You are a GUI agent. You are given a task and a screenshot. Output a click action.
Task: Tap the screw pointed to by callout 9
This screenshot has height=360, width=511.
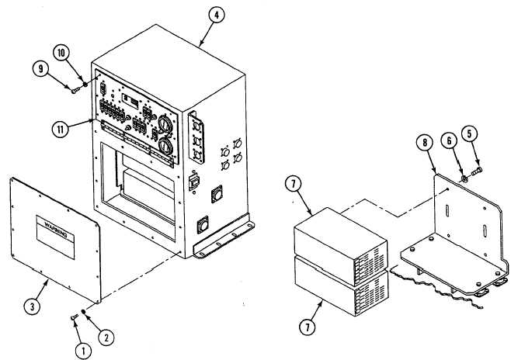point(75,91)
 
